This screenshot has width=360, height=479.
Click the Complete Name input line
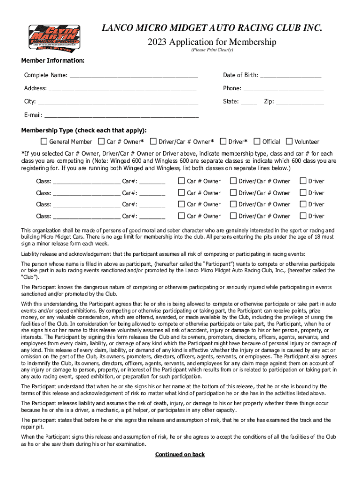coord(133,75)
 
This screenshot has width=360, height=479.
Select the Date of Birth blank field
coord(290,75)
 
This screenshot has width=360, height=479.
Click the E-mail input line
coord(122,115)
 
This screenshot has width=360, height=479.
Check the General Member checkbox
coord(44,141)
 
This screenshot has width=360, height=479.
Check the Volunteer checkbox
coord(289,141)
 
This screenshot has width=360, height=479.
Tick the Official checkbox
coord(257,141)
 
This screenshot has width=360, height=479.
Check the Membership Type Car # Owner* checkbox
coord(101,141)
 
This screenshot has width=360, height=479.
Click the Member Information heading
coord(53,61)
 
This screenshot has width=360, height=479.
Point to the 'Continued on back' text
coord(180,454)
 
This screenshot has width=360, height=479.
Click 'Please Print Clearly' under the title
coord(212,50)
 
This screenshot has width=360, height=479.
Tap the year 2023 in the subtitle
coord(158,42)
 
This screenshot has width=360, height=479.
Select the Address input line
coord(122,88)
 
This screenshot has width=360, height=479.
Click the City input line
coord(118,102)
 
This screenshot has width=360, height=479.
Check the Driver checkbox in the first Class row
coord(303,181)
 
